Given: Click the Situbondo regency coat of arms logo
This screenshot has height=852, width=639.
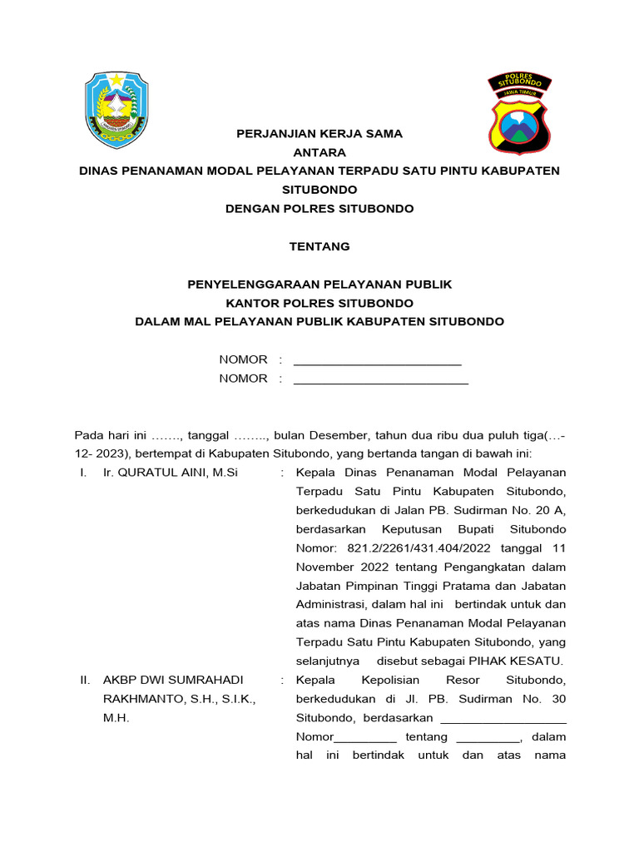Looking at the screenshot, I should point(116,111).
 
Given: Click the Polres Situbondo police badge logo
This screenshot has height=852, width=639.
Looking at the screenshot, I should point(518,113).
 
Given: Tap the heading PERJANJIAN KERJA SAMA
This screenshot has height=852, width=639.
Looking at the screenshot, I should point(319,133).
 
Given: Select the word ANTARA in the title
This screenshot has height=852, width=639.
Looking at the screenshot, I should point(319,152).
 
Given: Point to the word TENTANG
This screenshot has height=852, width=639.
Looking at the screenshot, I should point(319,246).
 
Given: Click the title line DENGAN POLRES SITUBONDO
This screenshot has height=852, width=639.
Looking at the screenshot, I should point(319,209).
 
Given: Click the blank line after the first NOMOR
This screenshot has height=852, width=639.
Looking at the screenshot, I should point(378,361).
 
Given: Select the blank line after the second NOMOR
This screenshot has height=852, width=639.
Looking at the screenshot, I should point(381,380).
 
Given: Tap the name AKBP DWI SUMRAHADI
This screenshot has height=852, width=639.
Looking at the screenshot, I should point(173,680).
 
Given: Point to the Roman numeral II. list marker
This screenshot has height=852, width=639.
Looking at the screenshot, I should point(85,680).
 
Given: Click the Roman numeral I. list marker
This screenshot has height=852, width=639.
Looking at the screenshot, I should point(83,473).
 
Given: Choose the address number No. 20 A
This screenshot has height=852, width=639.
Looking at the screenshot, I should point(542,510).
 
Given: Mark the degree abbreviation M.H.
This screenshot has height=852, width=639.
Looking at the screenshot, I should point(116,717).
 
